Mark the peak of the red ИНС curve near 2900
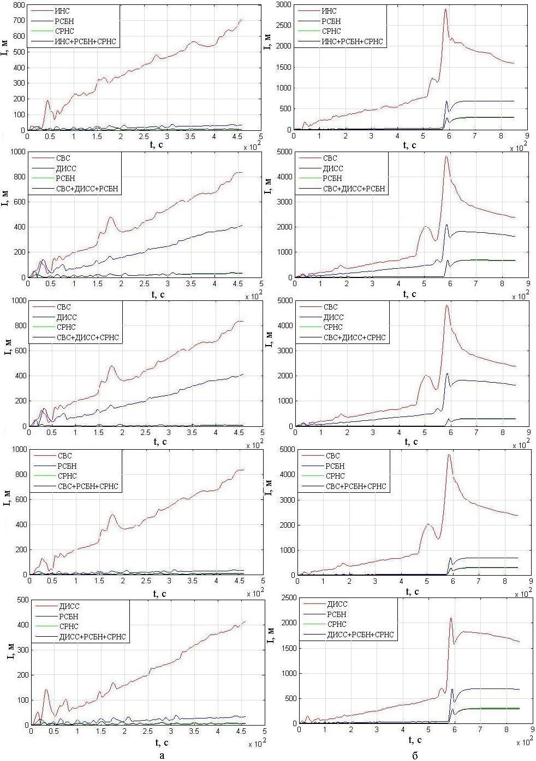click(445, 9)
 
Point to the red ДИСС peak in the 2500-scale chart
click(451, 618)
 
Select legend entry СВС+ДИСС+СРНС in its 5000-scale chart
click(355, 337)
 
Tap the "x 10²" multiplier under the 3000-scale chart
click(519, 147)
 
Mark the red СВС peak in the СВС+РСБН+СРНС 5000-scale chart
click(449, 455)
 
